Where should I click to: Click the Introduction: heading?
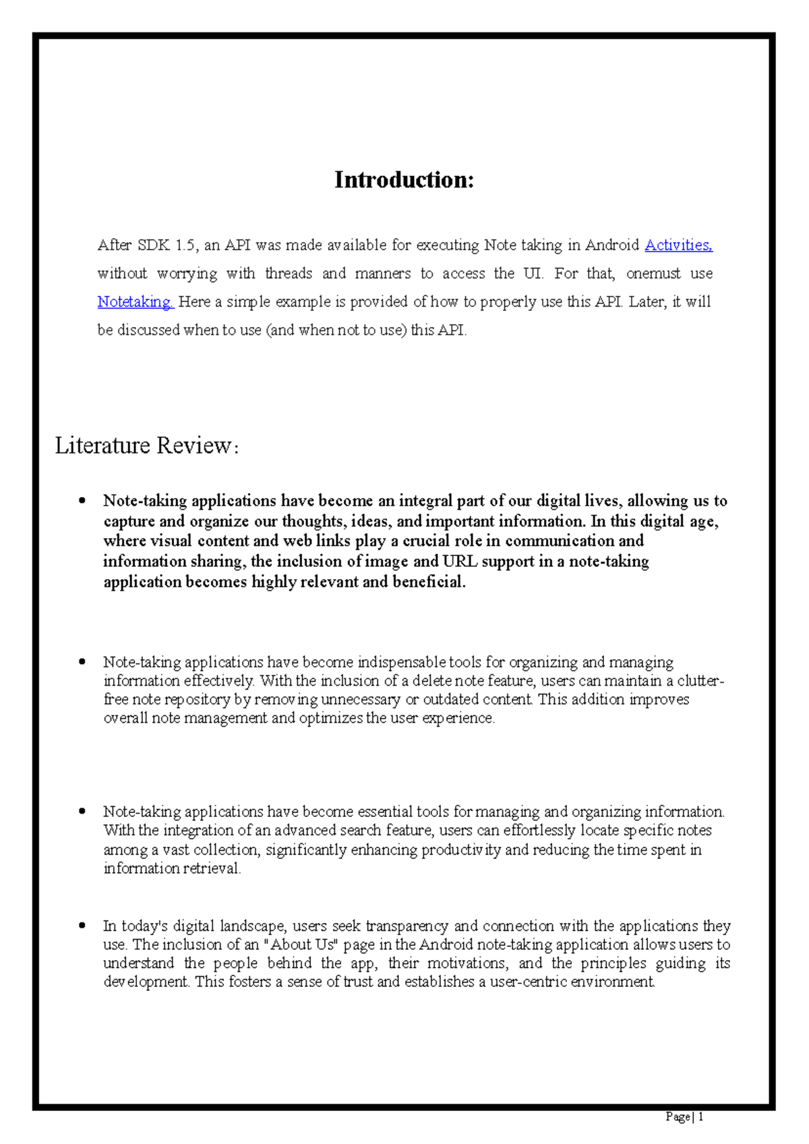click(404, 180)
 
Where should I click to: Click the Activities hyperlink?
click(678, 245)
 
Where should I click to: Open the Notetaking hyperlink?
click(135, 302)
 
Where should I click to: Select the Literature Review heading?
click(146, 446)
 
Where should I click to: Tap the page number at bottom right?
click(684, 1117)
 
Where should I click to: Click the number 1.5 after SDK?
click(185, 245)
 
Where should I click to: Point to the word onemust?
click(653, 274)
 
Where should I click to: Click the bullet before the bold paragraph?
click(82, 500)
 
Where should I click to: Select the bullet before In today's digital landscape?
click(82, 926)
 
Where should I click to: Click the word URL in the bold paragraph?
click(459, 562)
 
